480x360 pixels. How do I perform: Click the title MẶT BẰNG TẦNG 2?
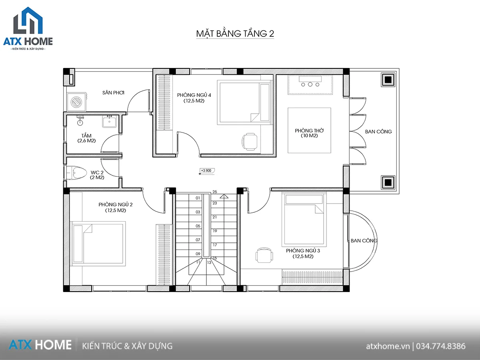pos(235,34)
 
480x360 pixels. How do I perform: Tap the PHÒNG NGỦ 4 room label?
pos(194,95)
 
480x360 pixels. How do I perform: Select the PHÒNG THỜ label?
pos(309,130)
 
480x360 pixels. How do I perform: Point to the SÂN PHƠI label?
pos(113,93)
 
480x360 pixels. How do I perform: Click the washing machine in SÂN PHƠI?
pos(77,102)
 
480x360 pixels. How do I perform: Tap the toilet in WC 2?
pos(76,173)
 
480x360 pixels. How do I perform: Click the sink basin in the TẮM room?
pos(109,122)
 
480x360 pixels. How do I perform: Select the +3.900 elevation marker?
pos(207,171)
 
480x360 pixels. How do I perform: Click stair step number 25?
pos(215,192)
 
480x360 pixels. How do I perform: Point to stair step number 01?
pos(198,198)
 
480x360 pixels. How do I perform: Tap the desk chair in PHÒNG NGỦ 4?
pos(250,142)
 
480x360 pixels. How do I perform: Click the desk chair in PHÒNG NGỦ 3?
pos(264,255)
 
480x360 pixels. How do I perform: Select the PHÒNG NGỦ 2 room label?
pos(116,204)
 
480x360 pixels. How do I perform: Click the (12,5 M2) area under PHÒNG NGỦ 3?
pos(303,256)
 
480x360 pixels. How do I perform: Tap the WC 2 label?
pos(97,172)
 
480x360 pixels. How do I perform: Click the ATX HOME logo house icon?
pos(28,20)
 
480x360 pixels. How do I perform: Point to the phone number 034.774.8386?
pos(441,346)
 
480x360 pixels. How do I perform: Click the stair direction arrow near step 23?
pos(224,196)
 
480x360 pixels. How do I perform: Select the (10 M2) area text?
pos(309,136)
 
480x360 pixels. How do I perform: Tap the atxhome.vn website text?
pos(388,346)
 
